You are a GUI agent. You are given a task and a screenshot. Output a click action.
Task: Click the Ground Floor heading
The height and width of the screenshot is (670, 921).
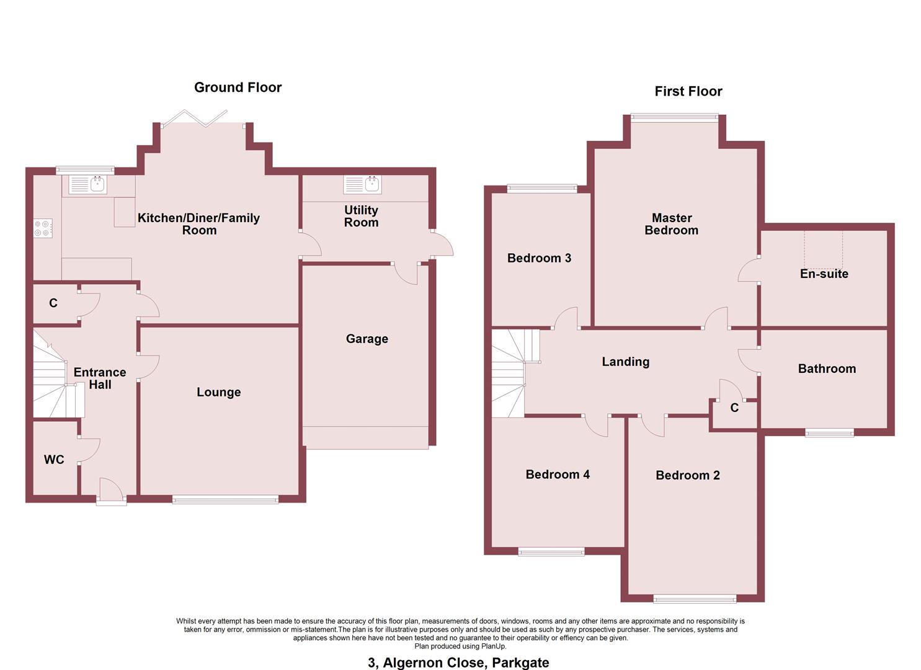pos(238,87)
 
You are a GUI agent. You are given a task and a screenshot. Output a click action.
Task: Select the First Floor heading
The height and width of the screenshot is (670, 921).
pos(688,91)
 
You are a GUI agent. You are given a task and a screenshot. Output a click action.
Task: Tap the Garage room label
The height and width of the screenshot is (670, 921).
pos(367,339)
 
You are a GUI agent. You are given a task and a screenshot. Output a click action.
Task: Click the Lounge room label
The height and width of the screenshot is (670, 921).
pos(218,392)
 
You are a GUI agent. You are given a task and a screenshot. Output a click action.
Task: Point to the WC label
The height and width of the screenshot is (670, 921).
pos(54,460)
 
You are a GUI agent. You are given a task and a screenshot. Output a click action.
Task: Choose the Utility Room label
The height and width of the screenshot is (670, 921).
pos(361,217)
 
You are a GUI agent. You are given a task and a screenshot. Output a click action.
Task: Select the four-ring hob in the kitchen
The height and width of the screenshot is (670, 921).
pos(43,228)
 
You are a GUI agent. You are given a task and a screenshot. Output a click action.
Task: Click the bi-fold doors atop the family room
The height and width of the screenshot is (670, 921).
pos(202,118)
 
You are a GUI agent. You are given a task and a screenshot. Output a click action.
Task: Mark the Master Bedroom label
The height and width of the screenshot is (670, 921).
pos(671,224)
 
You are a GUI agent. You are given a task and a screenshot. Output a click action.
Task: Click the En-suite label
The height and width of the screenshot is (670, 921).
pos(824,274)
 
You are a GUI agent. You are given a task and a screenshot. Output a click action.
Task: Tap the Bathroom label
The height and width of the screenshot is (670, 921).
pos(826,368)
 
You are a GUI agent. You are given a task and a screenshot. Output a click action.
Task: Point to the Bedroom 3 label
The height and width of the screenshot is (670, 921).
pos(538,258)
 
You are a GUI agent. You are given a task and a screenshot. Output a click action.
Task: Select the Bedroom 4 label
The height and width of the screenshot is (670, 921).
pos(557,475)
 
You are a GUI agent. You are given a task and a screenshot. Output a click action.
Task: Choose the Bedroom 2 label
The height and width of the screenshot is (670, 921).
pos(687,475)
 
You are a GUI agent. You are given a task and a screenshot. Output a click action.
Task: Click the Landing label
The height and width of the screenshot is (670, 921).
pos(625,362)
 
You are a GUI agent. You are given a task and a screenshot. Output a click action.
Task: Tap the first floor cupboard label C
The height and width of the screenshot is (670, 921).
pos(734,408)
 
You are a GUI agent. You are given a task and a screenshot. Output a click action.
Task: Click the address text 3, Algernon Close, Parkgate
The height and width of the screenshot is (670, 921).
pos(458,663)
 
